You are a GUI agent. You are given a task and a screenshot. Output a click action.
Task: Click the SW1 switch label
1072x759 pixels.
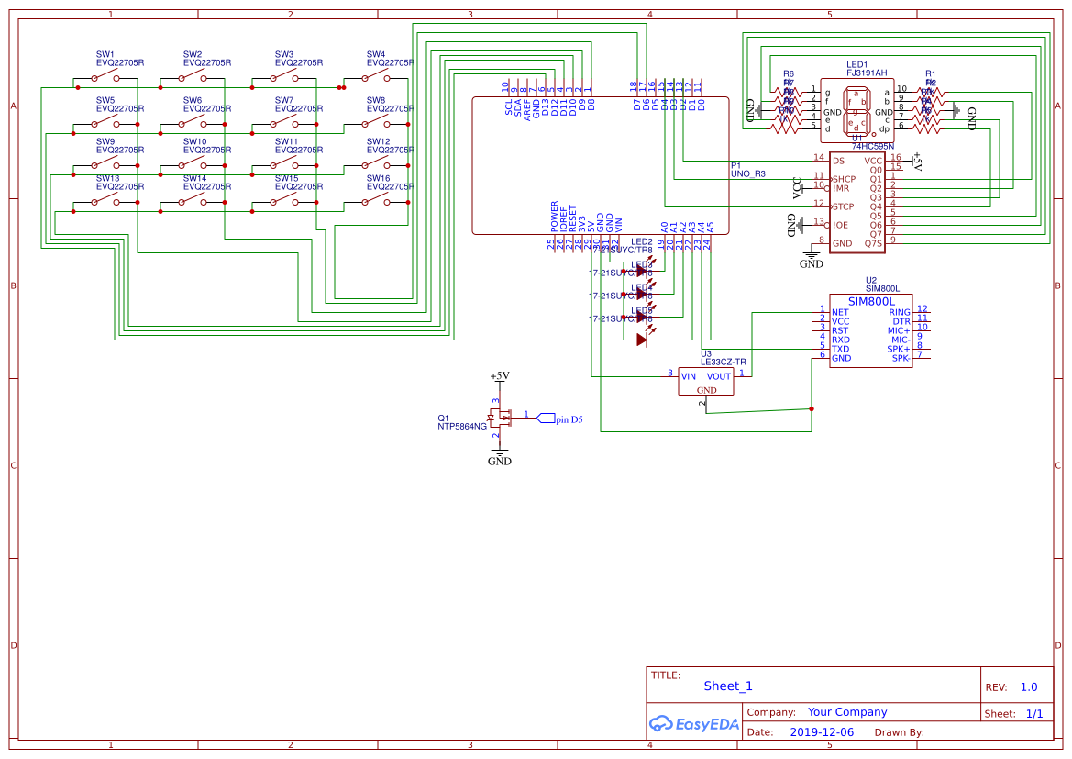click(x=105, y=54)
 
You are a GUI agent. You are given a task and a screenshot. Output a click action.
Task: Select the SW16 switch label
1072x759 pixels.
click(x=378, y=178)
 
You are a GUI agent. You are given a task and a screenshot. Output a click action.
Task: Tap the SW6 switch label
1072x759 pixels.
click(x=193, y=100)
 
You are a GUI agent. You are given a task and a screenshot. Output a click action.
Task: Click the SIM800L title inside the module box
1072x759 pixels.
click(x=870, y=301)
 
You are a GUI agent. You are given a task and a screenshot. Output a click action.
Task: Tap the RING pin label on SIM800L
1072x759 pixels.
click(x=900, y=312)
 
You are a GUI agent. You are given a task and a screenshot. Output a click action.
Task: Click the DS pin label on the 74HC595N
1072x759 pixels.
click(x=838, y=161)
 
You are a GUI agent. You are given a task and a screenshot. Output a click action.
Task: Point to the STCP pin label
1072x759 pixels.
click(x=843, y=206)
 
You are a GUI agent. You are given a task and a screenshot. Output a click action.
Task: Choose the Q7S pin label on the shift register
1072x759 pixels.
click(x=872, y=243)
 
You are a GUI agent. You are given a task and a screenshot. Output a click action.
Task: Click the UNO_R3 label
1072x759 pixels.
click(x=747, y=173)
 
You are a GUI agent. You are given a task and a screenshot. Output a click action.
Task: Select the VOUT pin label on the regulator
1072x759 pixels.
click(x=719, y=376)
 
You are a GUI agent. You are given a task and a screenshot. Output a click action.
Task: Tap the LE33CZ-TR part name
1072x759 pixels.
click(x=723, y=363)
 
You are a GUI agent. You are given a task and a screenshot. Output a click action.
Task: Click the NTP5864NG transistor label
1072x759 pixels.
click(x=462, y=426)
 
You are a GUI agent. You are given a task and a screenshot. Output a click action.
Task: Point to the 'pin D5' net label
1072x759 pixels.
click(x=569, y=419)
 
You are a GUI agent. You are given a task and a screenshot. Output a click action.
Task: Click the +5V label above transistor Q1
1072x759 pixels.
click(x=499, y=376)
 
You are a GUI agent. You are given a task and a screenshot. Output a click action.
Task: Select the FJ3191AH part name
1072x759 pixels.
click(x=867, y=73)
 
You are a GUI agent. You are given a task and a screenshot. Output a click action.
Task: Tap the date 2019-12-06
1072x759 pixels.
click(x=821, y=732)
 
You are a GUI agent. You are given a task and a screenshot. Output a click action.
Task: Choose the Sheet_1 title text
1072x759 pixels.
click(x=728, y=686)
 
